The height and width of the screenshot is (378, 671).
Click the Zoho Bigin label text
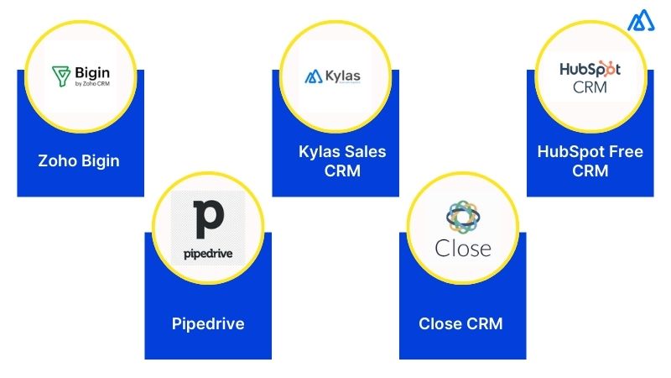79,160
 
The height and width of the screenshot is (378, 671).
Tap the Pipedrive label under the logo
207,323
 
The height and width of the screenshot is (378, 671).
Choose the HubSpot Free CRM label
590,160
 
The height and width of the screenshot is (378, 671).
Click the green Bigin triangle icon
60,75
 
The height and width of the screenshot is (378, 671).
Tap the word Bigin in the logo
91,72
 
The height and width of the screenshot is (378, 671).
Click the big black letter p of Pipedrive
208,218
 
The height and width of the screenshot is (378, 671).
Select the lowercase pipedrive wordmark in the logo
208,252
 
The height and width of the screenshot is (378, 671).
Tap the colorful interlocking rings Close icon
461,217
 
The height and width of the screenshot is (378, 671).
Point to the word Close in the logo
462,249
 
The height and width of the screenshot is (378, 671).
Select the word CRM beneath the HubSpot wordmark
590,87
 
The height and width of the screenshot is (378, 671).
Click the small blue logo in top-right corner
642,22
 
